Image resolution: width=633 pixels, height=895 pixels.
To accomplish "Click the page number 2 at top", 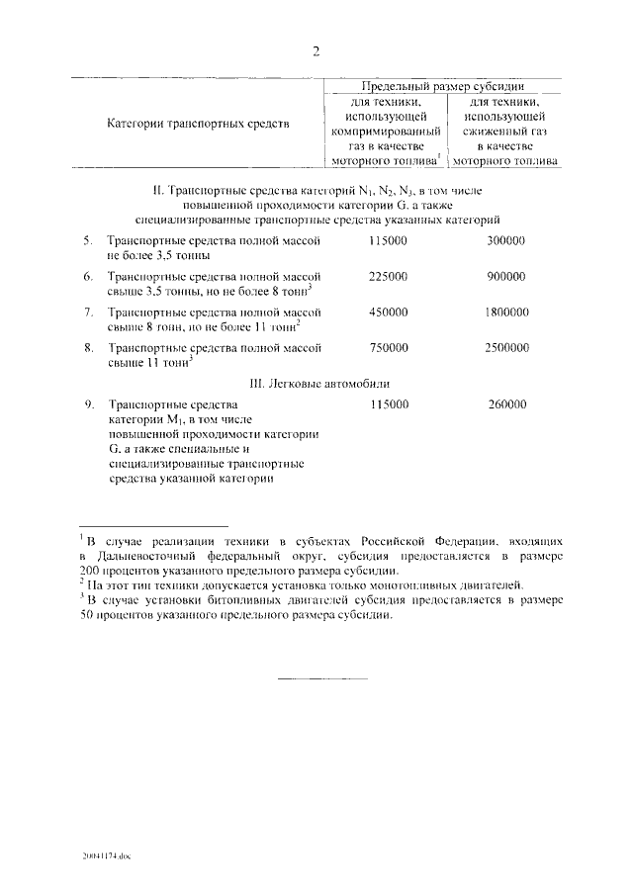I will point(316,52).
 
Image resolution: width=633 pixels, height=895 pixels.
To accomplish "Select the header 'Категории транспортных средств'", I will point(198,125).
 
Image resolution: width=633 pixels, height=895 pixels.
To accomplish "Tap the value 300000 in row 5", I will point(506,241).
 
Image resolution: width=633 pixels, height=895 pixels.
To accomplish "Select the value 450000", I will point(388,313).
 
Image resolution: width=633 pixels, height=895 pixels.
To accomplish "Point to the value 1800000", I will point(506,313).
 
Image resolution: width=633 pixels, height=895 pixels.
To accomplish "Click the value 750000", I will point(388,348).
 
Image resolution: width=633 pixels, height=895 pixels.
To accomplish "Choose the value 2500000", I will point(506,348).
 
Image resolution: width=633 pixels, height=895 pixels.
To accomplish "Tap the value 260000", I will point(506,404).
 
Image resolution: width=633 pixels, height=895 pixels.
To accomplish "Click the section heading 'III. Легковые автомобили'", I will point(316,383).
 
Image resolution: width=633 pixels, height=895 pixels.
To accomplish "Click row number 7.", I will point(88,313).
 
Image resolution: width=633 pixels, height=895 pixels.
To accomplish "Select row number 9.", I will point(88,404).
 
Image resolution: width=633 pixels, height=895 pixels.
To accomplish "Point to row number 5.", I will point(88,241).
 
